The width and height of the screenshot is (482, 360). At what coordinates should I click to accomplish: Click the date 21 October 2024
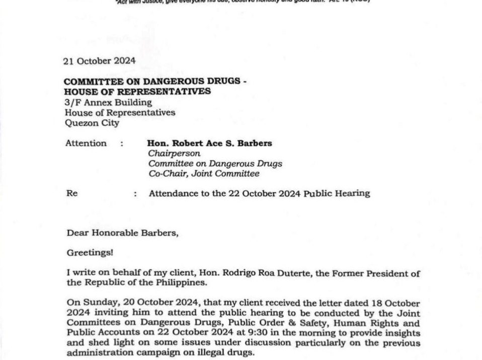point(99,61)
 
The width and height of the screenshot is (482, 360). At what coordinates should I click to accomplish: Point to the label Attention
point(86,143)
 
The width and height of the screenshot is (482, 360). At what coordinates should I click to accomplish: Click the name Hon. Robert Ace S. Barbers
point(209,143)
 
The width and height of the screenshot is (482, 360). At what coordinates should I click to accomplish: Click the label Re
point(71,193)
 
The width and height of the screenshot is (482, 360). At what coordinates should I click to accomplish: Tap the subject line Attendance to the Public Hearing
point(259,193)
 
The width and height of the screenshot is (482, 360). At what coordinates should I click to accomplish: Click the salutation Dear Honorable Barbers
point(123,233)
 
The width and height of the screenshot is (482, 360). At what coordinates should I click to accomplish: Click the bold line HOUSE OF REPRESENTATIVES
point(137,92)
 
